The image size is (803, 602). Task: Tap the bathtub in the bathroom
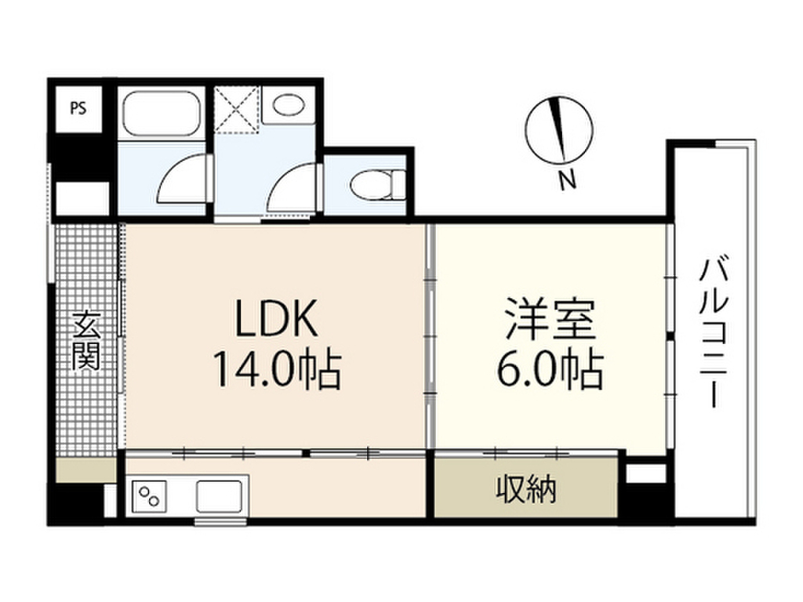(163, 114)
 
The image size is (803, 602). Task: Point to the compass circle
(558, 129)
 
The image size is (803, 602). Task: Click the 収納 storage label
(525, 490)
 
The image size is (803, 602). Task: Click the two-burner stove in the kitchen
(151, 495)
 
